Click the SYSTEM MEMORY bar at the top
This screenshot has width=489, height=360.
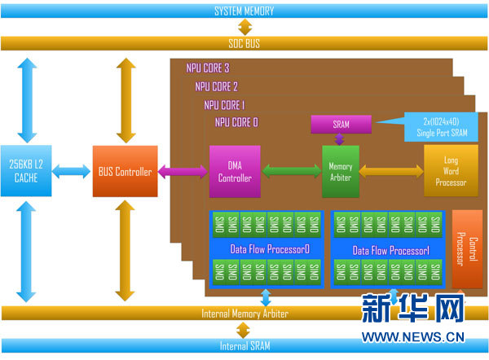[244, 11]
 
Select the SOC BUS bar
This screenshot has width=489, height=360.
[244, 42]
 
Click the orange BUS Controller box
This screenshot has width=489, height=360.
[124, 172]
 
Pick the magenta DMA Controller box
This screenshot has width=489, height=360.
[236, 171]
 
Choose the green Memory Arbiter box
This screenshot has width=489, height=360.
[341, 171]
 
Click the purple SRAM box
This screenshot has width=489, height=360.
[341, 124]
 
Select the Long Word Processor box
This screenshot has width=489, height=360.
[451, 171]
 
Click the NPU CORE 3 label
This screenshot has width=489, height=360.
[208, 68]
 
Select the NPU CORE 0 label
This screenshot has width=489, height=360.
[236, 122]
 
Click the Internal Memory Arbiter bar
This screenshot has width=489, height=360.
[244, 314]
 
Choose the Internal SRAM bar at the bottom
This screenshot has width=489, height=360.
[244, 346]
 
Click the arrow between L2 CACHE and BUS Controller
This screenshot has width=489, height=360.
[72, 171]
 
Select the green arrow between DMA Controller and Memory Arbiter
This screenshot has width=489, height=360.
[291, 171]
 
